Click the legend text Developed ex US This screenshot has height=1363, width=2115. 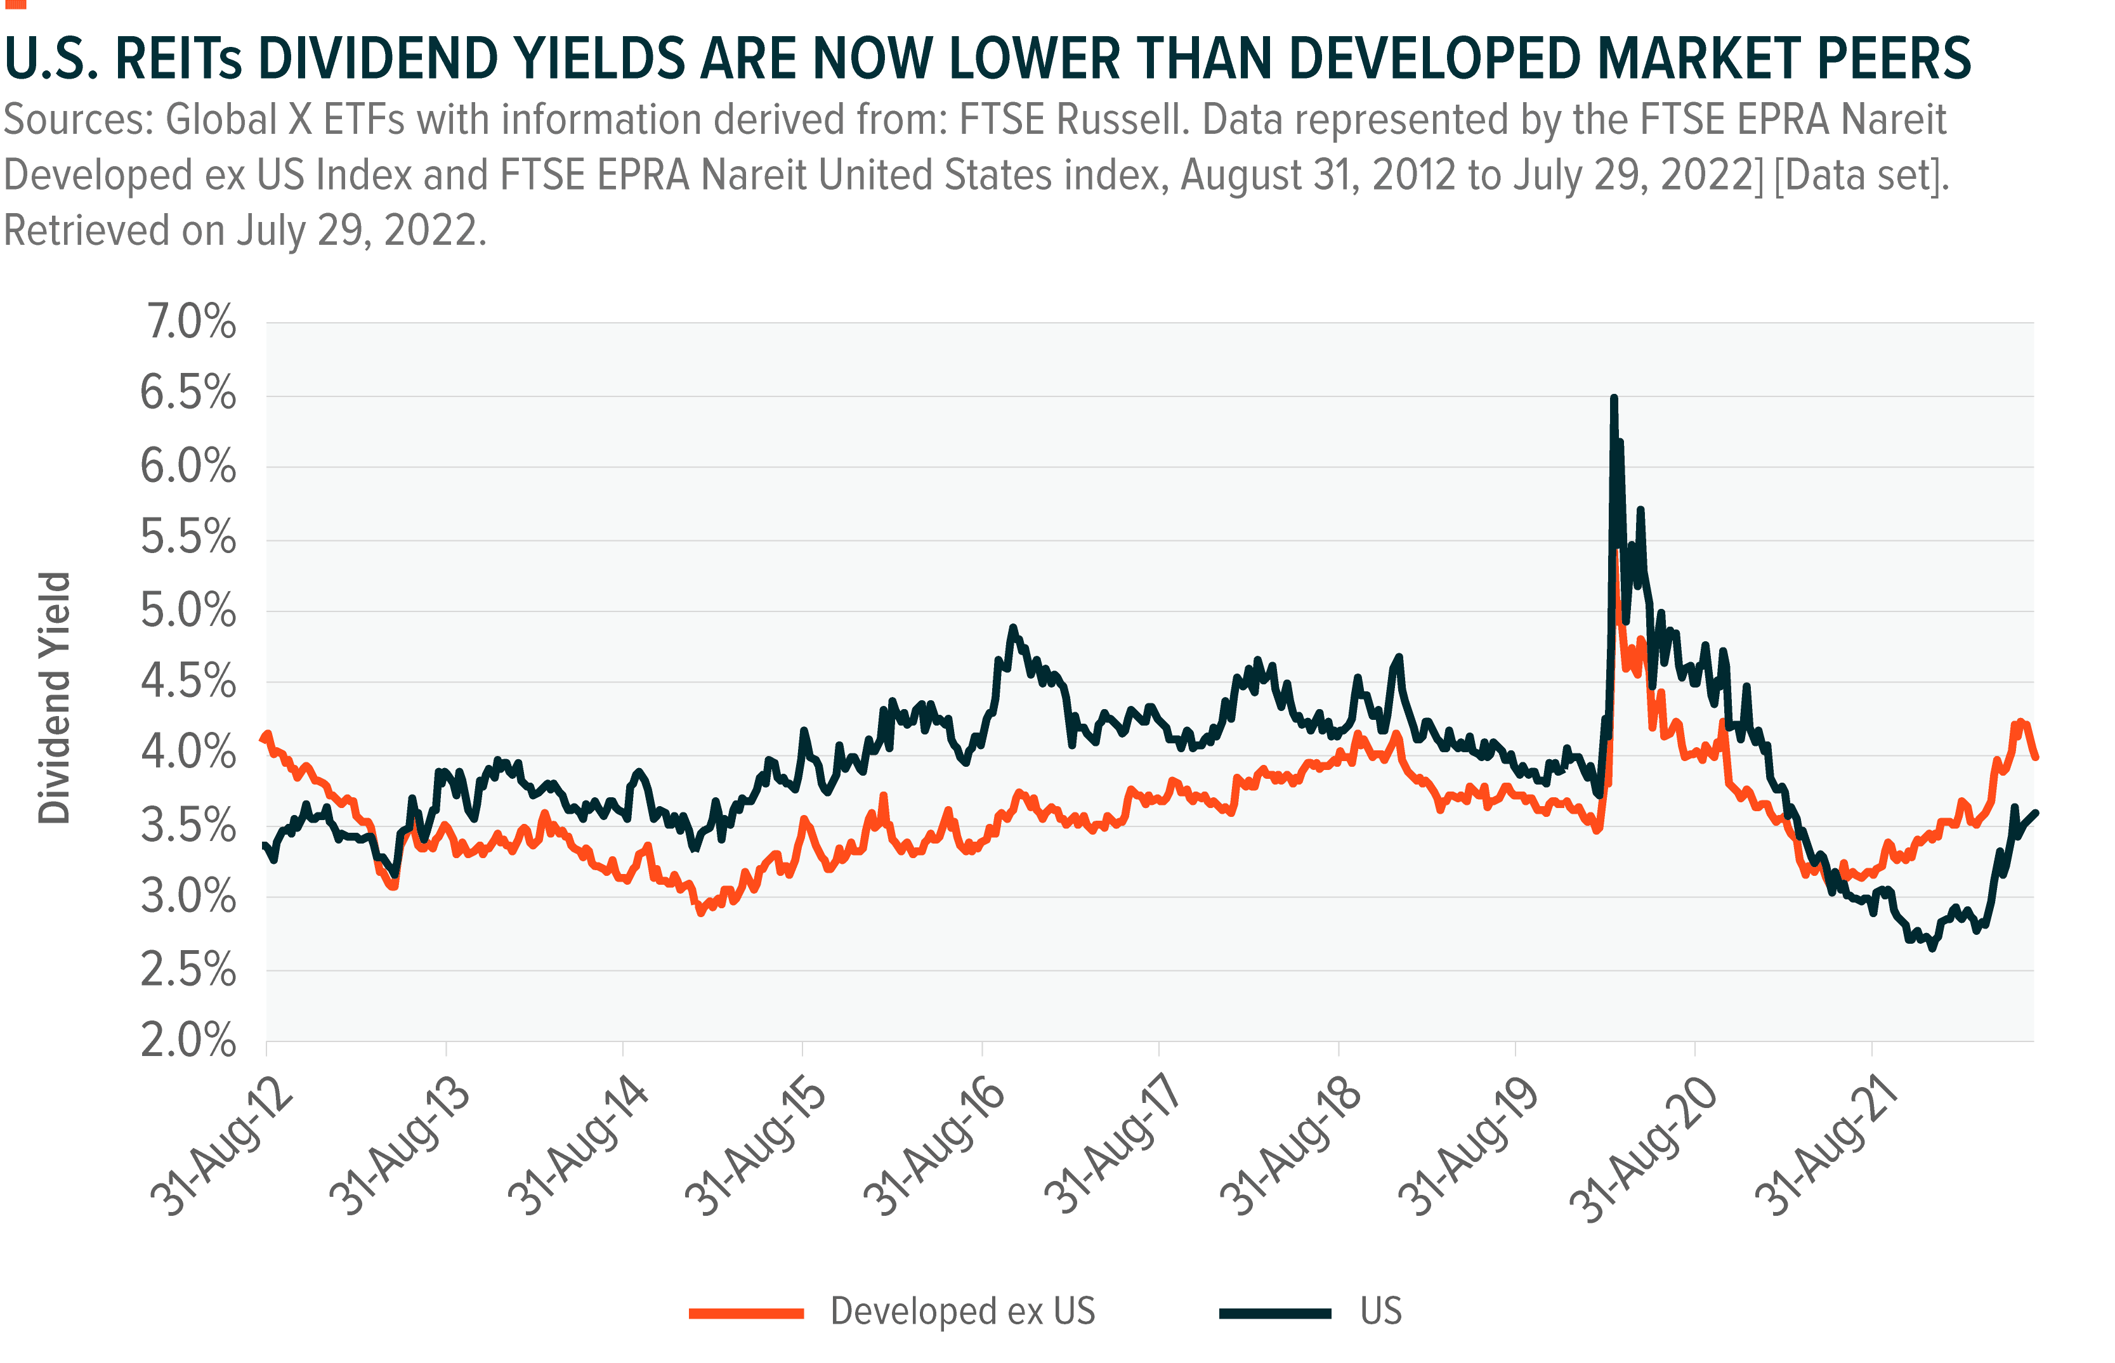point(963,1311)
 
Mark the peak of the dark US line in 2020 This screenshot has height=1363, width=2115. point(1614,398)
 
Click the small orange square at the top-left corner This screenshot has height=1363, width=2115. point(14,4)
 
